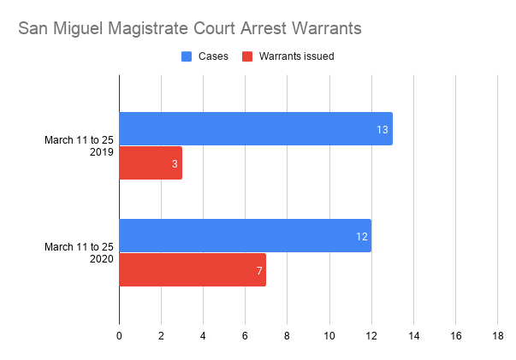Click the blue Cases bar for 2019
tap(255, 128)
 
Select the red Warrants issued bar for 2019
tap(150, 162)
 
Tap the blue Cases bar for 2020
tap(245, 235)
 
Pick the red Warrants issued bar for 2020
tap(192, 269)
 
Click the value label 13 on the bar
tap(383, 129)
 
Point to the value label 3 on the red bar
tap(175, 163)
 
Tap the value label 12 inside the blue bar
tap(363, 236)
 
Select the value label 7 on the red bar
tap(258, 270)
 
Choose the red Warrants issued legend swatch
tap(247, 57)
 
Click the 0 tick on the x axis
tap(119, 336)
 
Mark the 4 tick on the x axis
tap(203, 336)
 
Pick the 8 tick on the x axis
tap(287, 336)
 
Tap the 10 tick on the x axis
tap(329, 336)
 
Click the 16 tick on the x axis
tap(455, 336)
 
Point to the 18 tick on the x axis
tap(497, 336)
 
